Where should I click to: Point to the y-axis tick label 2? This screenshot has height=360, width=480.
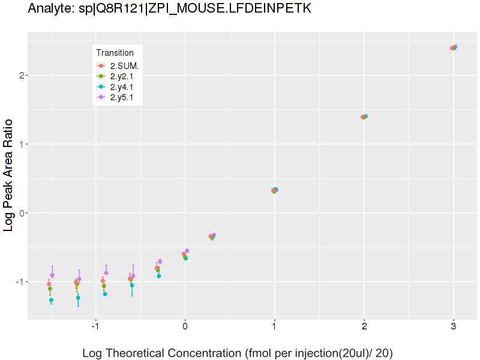coord(20,76)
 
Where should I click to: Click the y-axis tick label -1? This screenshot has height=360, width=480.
coord(18,281)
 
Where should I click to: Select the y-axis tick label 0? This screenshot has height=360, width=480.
coord(20,213)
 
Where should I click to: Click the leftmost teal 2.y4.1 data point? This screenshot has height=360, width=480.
coord(51,300)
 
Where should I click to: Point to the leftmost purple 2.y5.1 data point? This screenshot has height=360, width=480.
coord(52,275)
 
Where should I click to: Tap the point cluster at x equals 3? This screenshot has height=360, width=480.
coord(454,47)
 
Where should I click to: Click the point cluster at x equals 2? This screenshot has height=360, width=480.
coord(364,117)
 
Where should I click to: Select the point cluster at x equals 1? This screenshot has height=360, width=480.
coord(275,190)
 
